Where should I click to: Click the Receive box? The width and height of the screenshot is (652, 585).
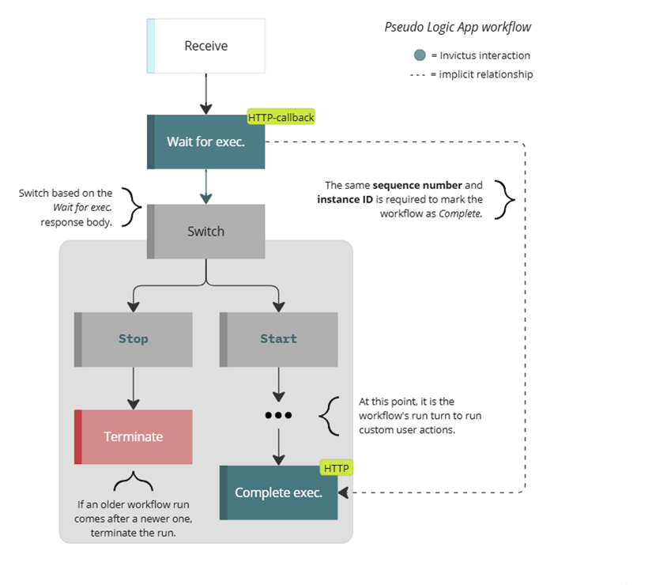point(205,46)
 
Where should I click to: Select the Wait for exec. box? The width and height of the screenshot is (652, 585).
point(205,142)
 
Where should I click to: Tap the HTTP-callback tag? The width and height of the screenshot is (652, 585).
point(281,118)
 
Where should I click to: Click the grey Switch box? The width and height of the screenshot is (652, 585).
point(205,232)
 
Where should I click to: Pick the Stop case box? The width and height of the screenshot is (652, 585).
point(133,339)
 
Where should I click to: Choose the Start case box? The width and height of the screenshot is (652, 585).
point(278,339)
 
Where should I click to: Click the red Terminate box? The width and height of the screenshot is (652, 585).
point(133,436)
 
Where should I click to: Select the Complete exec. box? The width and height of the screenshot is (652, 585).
point(278,493)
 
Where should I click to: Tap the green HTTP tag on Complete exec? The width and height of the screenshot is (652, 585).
point(336,468)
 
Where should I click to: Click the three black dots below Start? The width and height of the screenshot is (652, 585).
point(278,415)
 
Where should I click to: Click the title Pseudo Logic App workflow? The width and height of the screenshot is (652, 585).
point(458,27)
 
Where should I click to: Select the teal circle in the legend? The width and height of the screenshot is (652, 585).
point(420,55)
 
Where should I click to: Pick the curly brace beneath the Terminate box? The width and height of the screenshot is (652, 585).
point(133,481)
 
